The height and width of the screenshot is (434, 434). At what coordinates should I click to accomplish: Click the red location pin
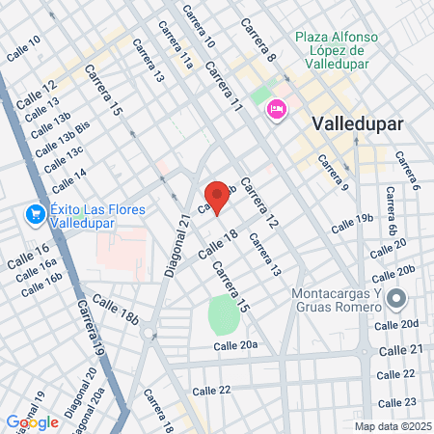click(218, 197)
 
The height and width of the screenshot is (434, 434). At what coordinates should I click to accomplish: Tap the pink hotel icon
click(276, 110)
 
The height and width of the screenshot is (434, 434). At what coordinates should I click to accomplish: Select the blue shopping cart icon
click(35, 213)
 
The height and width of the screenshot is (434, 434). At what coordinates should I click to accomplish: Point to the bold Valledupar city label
click(358, 124)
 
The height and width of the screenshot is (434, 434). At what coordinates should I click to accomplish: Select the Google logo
click(32, 421)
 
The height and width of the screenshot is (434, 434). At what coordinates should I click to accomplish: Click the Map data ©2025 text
click(391, 425)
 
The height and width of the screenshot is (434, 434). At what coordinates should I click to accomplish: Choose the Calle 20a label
click(235, 345)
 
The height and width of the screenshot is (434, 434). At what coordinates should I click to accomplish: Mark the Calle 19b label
click(352, 225)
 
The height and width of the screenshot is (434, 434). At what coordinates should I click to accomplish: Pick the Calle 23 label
click(396, 402)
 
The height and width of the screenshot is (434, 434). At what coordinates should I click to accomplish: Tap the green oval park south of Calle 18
click(224, 314)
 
